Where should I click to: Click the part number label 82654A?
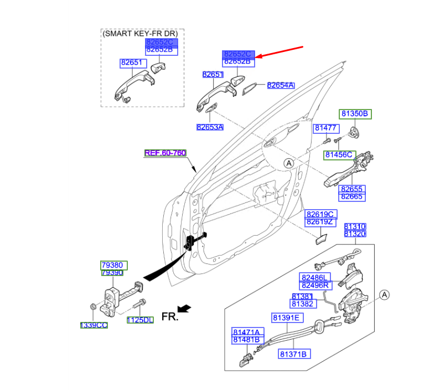tap(281, 86)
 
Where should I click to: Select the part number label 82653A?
tap(210, 127)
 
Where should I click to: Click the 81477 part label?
tap(325, 128)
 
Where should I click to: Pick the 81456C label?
tap(338, 155)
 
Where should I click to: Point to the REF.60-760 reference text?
tap(165, 153)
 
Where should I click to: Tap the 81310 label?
tap(355, 227)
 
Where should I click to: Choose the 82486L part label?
tap(315, 277)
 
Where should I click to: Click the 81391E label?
tap(286, 318)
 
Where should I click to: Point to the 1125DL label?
tap(140, 320)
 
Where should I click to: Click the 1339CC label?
tap(94, 325)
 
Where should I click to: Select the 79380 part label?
tap(111, 265)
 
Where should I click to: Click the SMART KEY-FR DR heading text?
tap(142, 34)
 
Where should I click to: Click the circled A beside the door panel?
tap(288, 163)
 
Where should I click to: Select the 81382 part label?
tap(302, 304)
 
